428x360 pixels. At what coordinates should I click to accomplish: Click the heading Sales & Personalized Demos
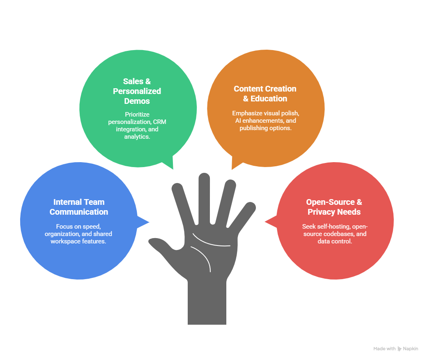[137, 91]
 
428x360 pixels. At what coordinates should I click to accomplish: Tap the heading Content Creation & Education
[265, 94]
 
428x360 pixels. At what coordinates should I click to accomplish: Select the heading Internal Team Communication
[79, 207]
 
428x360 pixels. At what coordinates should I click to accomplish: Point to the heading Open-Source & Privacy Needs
[334, 207]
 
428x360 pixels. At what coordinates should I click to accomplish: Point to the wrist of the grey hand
[207, 304]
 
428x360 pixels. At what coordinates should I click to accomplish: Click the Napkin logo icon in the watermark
[400, 349]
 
